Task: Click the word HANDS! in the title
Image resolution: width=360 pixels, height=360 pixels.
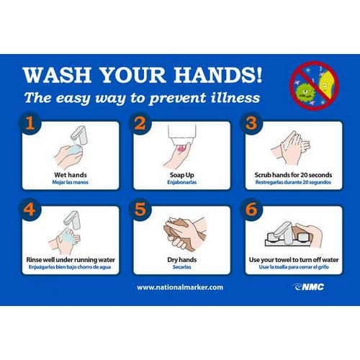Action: point(218,75)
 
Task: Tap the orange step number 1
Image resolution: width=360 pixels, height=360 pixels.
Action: point(30,123)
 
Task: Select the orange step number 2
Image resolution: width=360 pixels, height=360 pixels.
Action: point(140,123)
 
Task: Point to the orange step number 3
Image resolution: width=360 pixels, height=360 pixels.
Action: point(251,123)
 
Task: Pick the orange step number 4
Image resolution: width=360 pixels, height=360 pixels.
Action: point(30,209)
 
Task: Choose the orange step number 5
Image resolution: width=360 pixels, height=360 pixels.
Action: point(140,209)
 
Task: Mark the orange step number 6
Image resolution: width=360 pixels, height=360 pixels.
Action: point(251,209)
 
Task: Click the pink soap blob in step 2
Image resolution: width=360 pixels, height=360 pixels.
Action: point(181,148)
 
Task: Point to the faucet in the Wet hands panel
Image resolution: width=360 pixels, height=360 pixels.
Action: point(79,135)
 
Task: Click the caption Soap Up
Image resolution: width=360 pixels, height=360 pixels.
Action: point(182,175)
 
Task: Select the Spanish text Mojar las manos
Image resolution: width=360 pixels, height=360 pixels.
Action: point(71,182)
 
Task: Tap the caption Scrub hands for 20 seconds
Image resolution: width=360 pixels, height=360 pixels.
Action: point(293,175)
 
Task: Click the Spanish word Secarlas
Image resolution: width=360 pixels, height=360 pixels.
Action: point(182,267)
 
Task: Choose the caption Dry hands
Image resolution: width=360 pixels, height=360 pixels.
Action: point(182,260)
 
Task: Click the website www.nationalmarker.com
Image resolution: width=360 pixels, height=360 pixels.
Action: point(180,287)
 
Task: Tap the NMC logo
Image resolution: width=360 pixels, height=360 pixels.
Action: point(308,287)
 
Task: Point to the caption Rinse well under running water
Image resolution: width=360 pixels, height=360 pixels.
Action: point(71,260)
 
